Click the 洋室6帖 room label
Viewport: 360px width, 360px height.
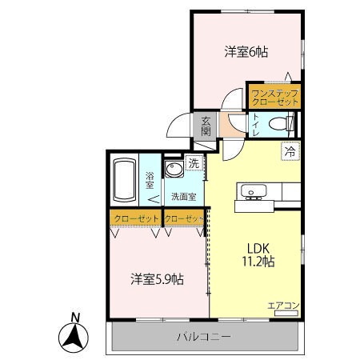pyautogui.click(x=245, y=52)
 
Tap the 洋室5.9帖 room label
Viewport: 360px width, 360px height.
pyautogui.click(x=158, y=279)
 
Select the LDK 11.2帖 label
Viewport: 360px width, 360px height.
pyautogui.click(x=258, y=254)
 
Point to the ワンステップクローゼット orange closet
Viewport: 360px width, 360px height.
pyautogui.click(x=274, y=96)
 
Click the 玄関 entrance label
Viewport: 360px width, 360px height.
pyautogui.click(x=206, y=126)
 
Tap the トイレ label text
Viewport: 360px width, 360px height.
pyautogui.click(x=255, y=125)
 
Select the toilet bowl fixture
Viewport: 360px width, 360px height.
pyautogui.click(x=281, y=124)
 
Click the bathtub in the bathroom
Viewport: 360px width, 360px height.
pyautogui.click(x=124, y=181)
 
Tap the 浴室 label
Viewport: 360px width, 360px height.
pyautogui.click(x=150, y=181)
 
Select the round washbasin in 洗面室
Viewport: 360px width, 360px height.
pyautogui.click(x=174, y=170)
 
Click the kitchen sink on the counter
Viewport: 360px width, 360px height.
pyautogui.click(x=254, y=192)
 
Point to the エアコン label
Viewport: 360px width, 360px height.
pyautogui.click(x=282, y=305)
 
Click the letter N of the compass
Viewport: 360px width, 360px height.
pyautogui.click(x=74, y=316)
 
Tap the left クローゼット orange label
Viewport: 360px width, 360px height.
pyautogui.click(x=134, y=218)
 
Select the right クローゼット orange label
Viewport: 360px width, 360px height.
pyautogui.click(x=183, y=218)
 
